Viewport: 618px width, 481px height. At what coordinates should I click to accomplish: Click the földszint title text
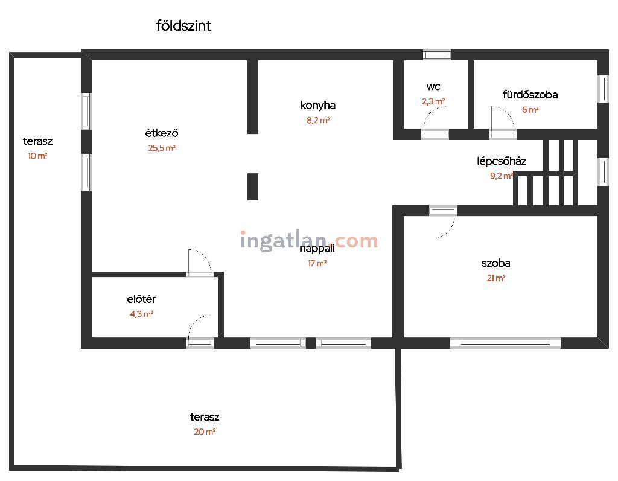183,25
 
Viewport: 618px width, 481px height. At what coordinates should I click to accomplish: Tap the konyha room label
317,106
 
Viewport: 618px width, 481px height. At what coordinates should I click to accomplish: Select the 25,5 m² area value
162,148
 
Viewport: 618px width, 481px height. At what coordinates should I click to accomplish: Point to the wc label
433,87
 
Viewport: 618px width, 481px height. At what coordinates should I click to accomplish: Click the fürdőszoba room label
530,95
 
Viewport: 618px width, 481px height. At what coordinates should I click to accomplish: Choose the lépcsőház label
502,161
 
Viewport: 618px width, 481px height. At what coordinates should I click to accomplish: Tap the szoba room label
496,263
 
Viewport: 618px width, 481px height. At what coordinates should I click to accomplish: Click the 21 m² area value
496,278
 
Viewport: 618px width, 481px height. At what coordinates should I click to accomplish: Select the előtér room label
141,299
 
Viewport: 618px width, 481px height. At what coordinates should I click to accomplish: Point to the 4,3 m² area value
141,314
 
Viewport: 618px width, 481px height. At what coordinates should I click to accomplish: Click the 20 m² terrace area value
205,432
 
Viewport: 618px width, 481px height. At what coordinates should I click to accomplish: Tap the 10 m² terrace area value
37,156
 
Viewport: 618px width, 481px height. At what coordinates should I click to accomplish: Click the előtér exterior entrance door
200,343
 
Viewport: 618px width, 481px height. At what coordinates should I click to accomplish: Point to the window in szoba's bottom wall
505,343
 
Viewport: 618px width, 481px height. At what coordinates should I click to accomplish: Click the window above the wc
437,55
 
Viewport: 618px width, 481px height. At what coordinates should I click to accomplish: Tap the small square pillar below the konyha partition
253,186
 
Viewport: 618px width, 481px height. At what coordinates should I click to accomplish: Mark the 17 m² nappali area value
317,263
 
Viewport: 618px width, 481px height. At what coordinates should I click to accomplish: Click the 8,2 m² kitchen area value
318,121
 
